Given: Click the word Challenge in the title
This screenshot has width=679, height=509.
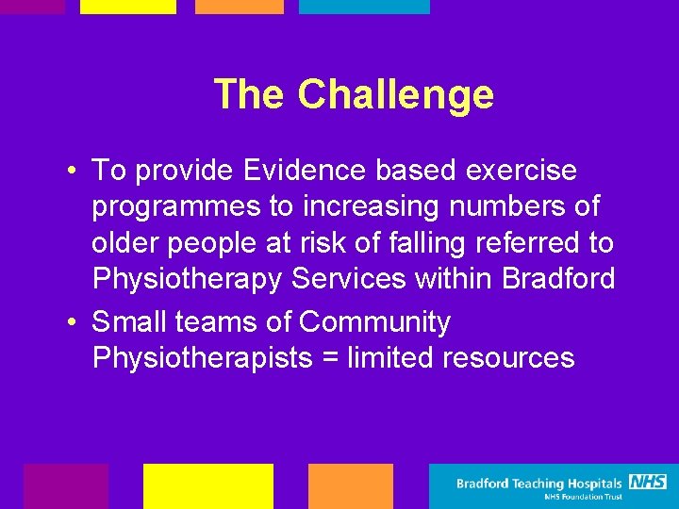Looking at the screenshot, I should (395, 94).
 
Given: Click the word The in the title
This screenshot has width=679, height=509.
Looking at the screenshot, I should (250, 94).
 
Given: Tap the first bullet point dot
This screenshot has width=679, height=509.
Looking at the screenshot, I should (73, 172).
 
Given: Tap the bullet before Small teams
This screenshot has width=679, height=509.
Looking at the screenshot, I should (73, 322).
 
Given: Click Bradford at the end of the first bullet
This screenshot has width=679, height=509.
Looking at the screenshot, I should (558, 278).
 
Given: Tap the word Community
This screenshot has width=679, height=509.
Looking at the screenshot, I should (374, 321).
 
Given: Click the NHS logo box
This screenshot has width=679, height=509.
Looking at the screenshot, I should (648, 482).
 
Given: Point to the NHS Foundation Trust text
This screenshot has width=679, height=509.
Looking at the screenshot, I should (582, 497).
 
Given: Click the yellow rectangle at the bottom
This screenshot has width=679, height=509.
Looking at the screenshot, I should (207, 485).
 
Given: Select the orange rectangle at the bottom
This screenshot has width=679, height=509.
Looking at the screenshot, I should (350, 485).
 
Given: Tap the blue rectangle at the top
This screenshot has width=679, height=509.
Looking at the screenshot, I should (364, 7).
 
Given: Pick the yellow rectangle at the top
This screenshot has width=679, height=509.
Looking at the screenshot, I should (127, 7).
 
